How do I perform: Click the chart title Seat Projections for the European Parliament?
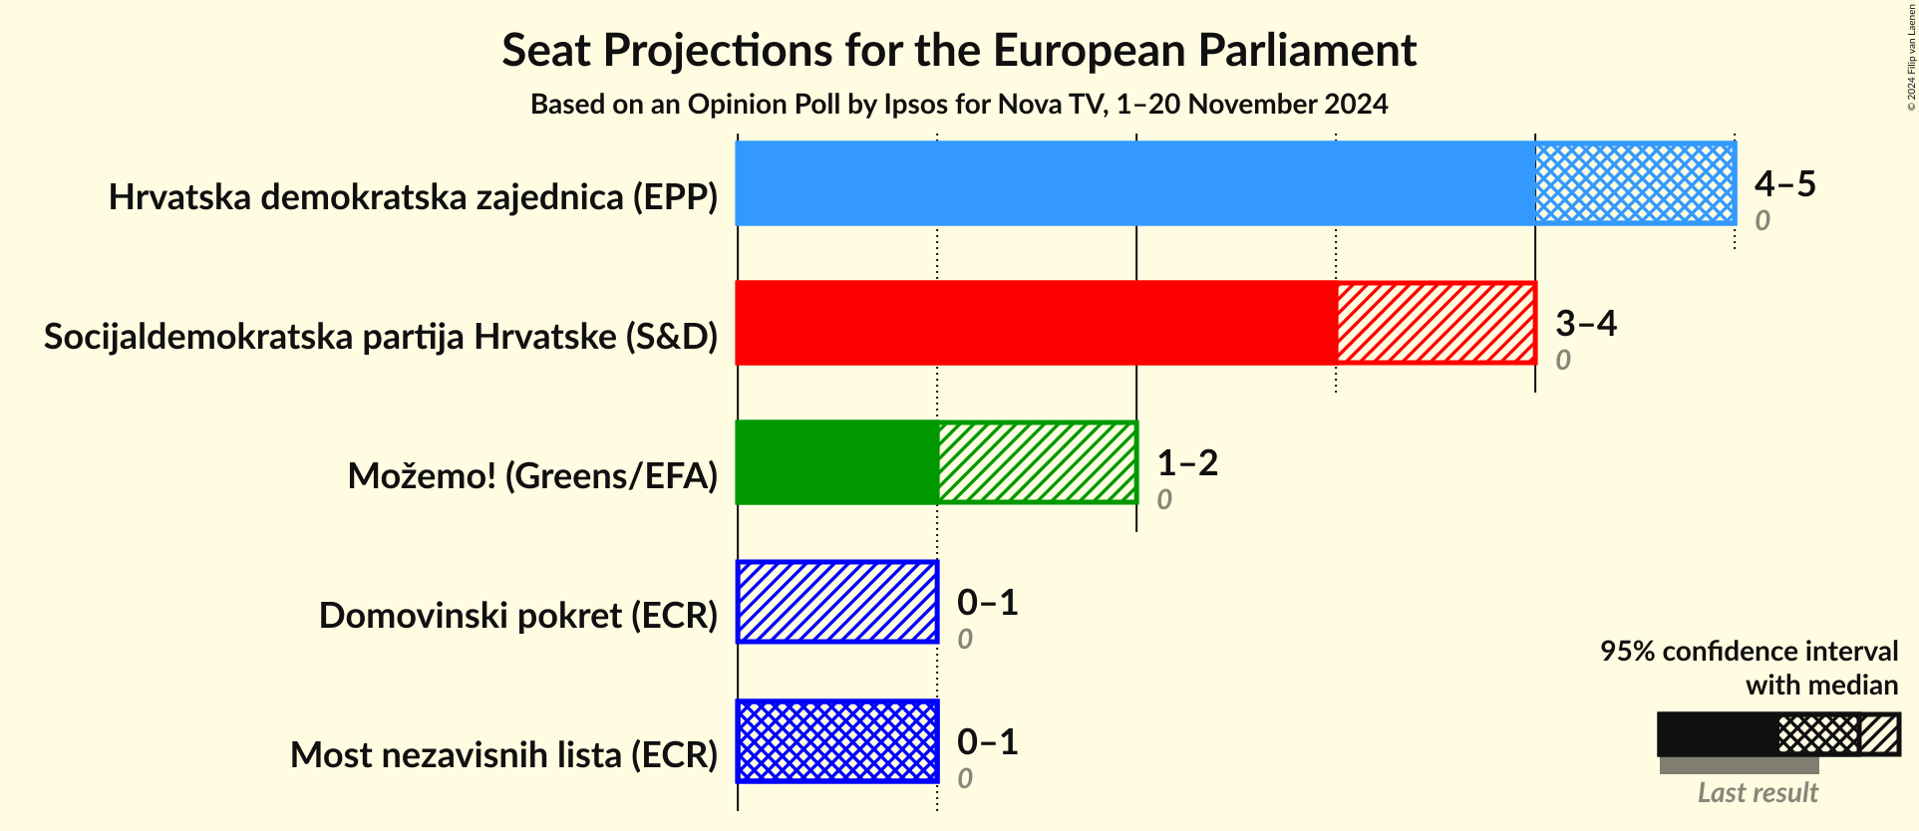(x=959, y=50)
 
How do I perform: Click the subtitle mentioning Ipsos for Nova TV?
(x=959, y=104)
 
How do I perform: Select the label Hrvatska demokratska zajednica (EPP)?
(x=413, y=197)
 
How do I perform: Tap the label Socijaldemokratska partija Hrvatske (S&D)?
(x=381, y=337)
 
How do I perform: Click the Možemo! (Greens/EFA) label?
(x=532, y=476)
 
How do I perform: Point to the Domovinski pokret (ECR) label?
(x=518, y=616)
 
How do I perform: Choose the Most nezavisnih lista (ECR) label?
(x=503, y=755)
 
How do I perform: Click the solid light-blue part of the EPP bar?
(x=1134, y=183)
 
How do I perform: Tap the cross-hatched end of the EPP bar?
(x=1635, y=183)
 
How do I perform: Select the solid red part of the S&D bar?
(x=1035, y=323)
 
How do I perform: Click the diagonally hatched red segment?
(x=1436, y=323)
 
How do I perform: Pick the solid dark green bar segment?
(x=835, y=462)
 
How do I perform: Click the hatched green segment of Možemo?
(x=1037, y=462)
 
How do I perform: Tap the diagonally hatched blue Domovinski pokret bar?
(x=837, y=602)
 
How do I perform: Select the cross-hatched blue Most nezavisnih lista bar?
(x=837, y=741)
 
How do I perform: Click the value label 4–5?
(x=1784, y=183)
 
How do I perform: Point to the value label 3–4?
(x=1585, y=323)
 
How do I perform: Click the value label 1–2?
(x=1186, y=462)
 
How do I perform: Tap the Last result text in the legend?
(x=1758, y=793)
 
